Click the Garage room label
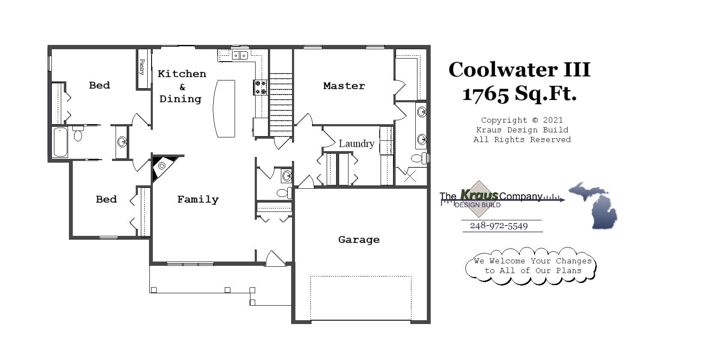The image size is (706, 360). (x=359, y=240)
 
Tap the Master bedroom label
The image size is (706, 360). (x=344, y=86)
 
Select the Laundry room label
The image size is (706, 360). (x=356, y=143)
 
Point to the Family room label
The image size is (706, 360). (x=198, y=199)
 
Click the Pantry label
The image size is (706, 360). (x=142, y=67)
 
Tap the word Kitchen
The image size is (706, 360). (x=182, y=74)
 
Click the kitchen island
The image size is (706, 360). (x=224, y=108)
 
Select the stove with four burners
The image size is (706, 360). (x=260, y=87)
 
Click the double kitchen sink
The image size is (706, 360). (x=240, y=55)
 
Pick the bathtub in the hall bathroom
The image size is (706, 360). (x=60, y=142)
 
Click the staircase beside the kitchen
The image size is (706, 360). (x=281, y=105)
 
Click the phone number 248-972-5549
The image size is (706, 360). (x=499, y=226)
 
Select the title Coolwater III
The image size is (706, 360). (x=519, y=70)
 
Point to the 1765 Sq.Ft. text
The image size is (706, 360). (x=519, y=93)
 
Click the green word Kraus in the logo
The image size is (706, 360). (x=479, y=195)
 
